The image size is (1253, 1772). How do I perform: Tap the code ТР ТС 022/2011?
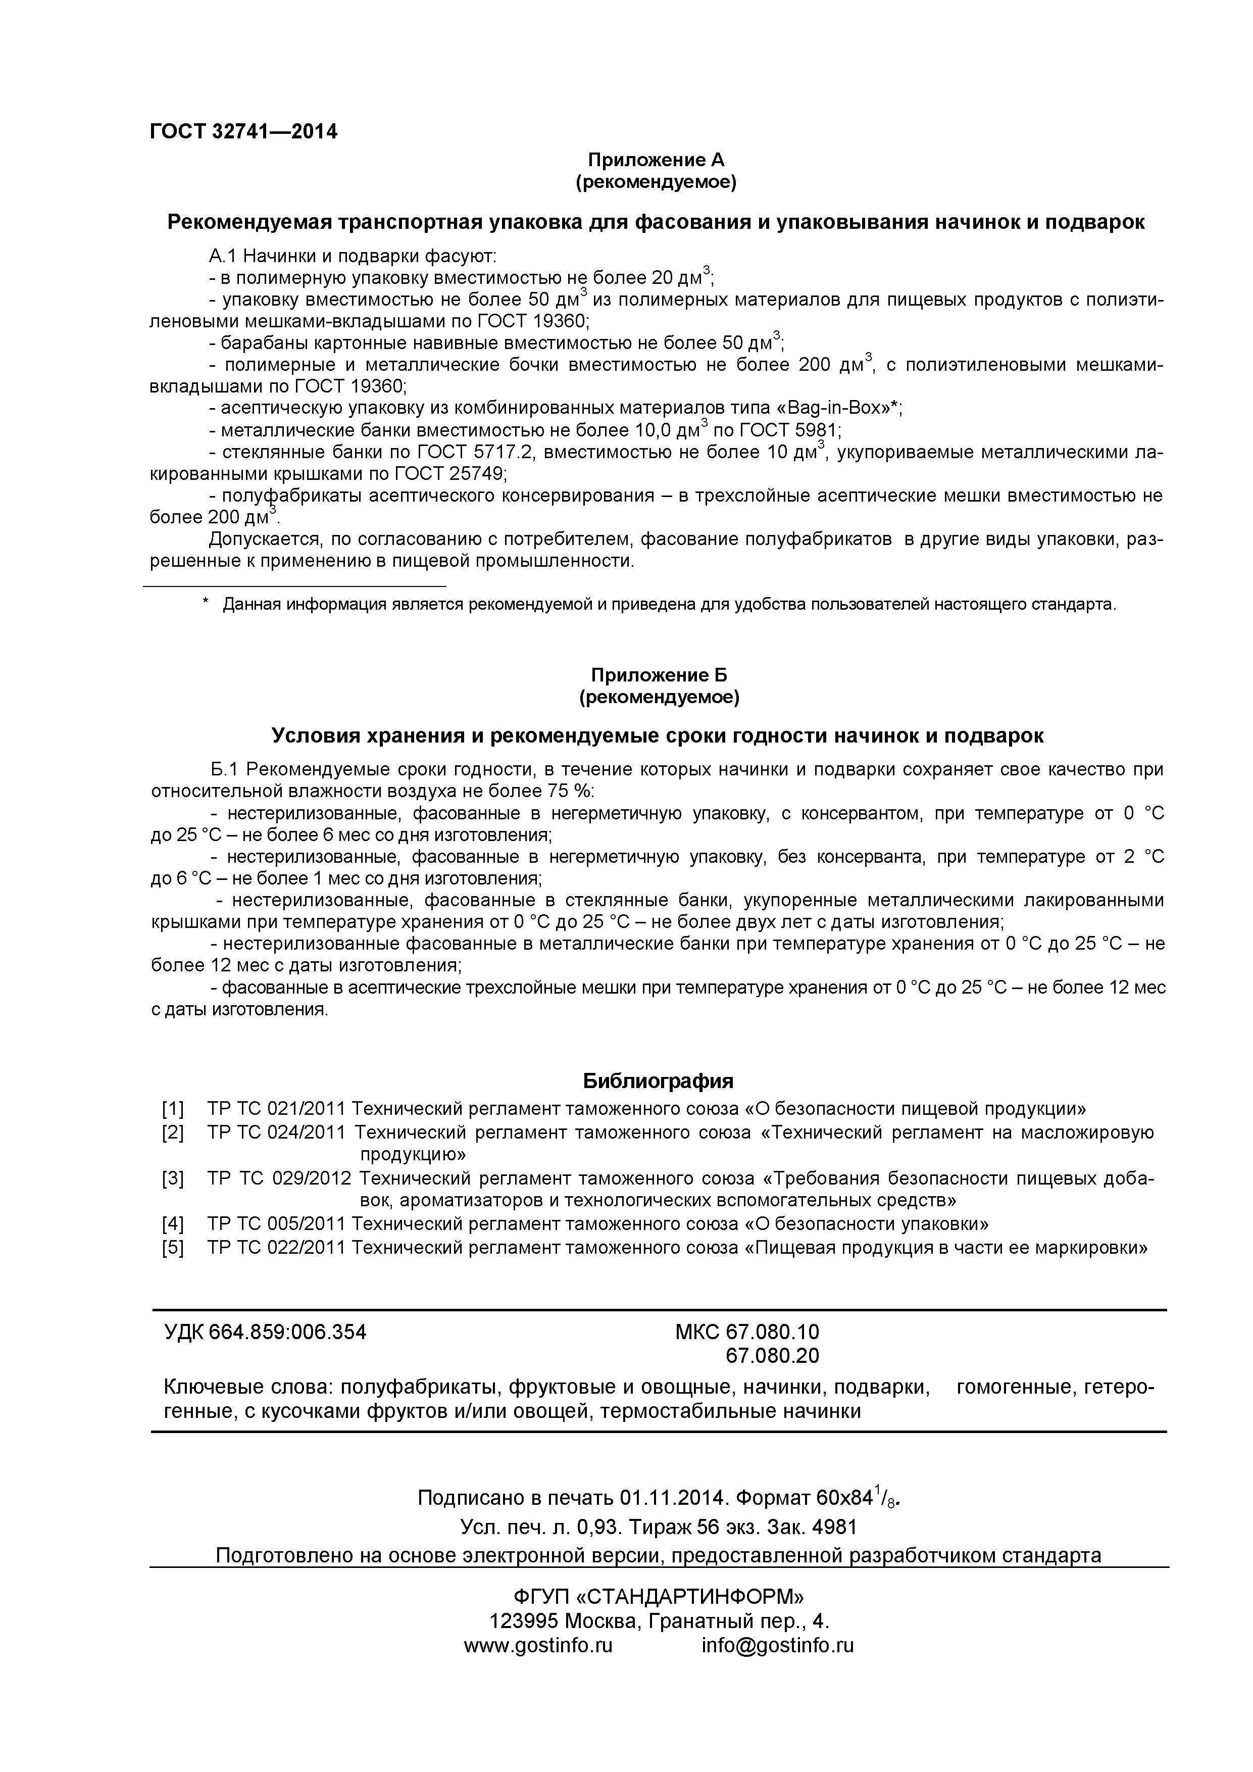(x=276, y=1247)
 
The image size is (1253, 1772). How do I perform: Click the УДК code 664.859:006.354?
(x=287, y=1332)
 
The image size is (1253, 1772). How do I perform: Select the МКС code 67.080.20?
(x=772, y=1355)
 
